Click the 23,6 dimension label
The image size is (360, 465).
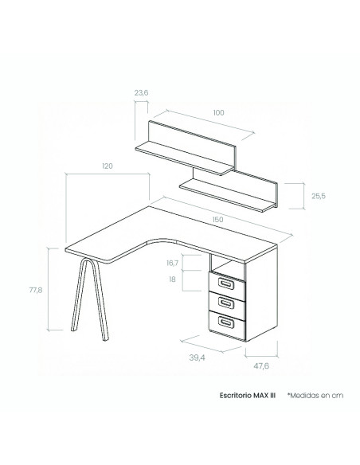tap(141, 93)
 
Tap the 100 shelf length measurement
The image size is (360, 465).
tap(218, 113)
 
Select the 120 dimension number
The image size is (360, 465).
tap(108, 166)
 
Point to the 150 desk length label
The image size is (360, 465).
tap(217, 220)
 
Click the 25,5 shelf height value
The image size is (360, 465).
tap(319, 196)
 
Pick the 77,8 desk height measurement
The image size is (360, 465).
tap(36, 290)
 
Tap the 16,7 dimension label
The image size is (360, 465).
tap(172, 263)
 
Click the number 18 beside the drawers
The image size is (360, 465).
tap(172, 279)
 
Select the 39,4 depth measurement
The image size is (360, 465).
tap(198, 358)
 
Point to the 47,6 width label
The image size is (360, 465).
tap(261, 366)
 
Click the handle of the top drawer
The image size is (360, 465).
tap(226, 283)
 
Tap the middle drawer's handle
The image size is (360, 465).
tap(226, 303)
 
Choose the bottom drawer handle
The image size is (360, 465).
tap(226, 322)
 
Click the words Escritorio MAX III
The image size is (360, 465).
tap(248, 395)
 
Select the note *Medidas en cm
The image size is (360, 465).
tap(315, 395)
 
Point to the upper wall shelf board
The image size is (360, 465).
tap(185, 158)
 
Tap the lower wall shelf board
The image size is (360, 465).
tap(229, 196)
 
